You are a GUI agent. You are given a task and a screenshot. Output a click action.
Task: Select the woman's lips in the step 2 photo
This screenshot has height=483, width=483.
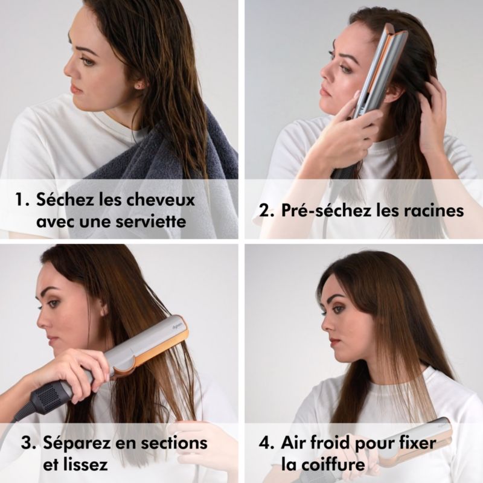(x=324, y=91)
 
